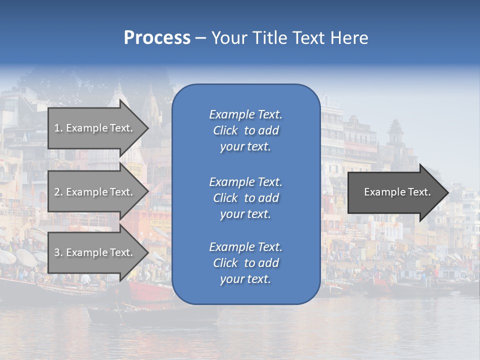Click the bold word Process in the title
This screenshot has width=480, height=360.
157,38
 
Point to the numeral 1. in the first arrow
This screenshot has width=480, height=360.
58,128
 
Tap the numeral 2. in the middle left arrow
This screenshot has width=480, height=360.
58,192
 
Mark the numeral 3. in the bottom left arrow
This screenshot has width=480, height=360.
58,252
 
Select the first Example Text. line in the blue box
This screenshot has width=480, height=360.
245,114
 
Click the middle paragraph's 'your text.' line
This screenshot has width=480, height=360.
245,214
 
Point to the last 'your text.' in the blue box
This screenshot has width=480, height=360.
245,279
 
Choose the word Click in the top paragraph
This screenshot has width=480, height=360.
225,130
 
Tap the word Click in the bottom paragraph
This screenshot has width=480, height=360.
225,263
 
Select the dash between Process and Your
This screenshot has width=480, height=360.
200,38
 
